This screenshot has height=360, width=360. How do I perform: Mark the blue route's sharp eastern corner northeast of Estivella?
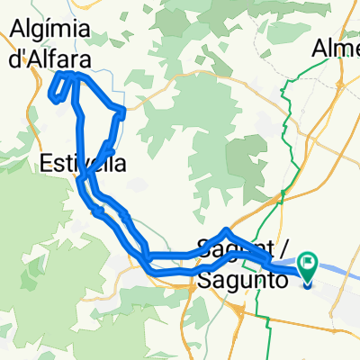click(x=122, y=112)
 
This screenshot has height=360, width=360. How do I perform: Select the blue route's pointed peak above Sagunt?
click(x=226, y=231)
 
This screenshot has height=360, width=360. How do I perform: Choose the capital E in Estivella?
click(x=46, y=163)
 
